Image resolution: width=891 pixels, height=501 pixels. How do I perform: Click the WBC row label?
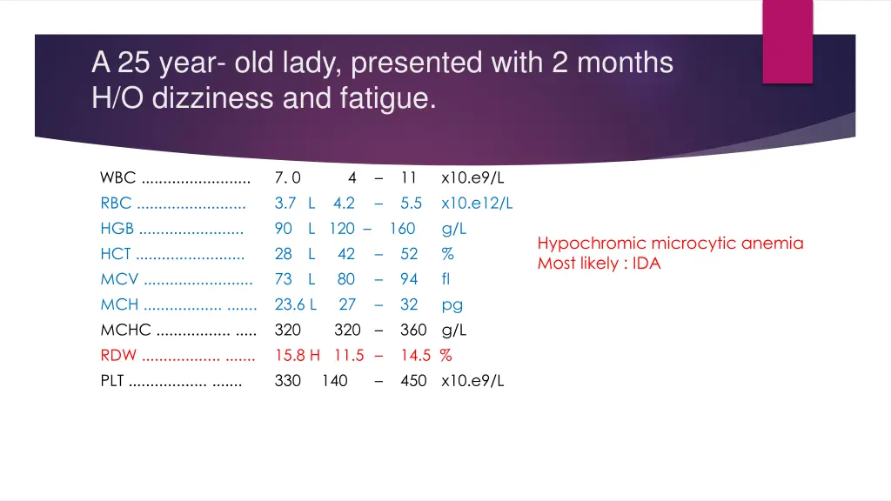pos(118,178)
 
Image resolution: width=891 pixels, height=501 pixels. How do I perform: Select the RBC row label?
pos(117,204)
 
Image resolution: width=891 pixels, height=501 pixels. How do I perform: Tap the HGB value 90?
pos(284,229)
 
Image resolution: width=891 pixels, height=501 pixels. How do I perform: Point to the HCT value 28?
pos(284,254)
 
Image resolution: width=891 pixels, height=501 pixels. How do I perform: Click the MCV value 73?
pos(284,279)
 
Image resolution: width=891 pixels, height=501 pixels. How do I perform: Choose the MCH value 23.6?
pos(290,304)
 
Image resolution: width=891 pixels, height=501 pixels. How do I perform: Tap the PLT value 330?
pos(288,380)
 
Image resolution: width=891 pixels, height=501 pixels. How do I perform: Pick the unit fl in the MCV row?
pos(446,279)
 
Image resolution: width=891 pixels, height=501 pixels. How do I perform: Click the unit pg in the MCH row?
pos(452,304)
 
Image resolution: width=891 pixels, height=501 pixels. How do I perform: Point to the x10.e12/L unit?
pos(477,204)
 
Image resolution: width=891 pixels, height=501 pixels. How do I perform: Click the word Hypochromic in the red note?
pos(592,244)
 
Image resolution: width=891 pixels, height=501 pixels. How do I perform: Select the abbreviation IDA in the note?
pos(646,264)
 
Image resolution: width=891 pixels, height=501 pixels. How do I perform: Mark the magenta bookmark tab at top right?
pos(787,41)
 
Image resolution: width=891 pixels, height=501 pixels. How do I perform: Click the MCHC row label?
pos(126,330)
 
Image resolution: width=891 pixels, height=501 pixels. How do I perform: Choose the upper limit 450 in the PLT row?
pos(413,380)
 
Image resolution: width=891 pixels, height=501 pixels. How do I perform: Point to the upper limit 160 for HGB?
pos(402,229)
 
